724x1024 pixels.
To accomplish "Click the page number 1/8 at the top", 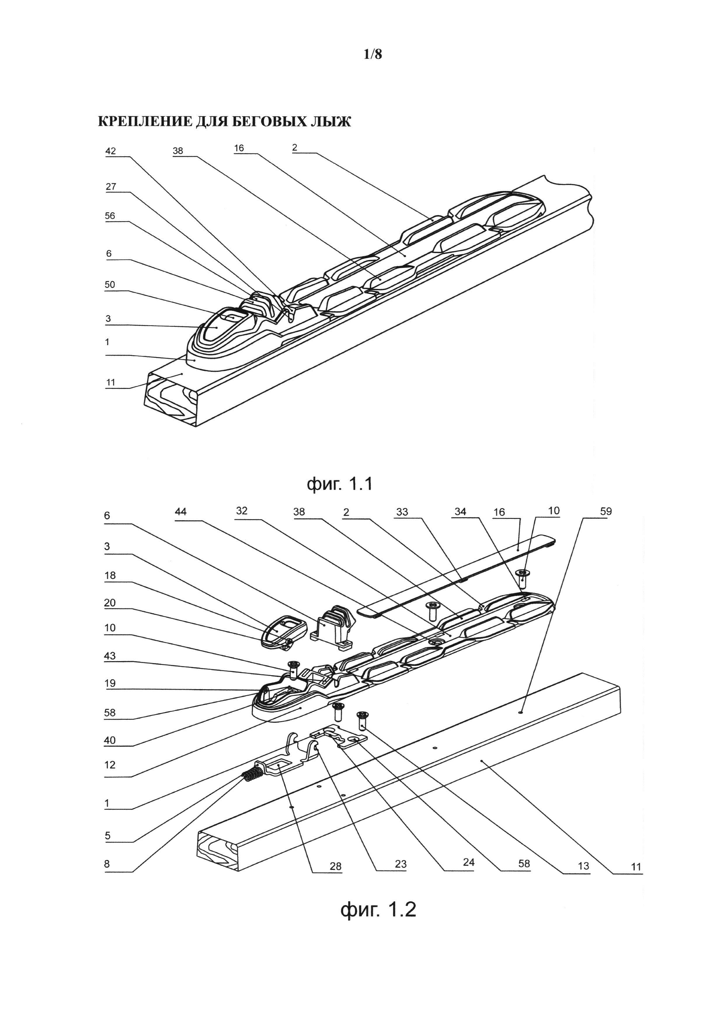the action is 373,54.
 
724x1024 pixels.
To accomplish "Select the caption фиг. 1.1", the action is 340,484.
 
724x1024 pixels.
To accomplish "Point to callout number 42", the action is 111,151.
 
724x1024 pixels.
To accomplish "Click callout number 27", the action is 111,187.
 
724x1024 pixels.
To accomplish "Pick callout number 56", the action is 110,216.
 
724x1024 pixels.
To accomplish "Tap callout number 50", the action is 110,285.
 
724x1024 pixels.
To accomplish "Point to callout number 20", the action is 110,603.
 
